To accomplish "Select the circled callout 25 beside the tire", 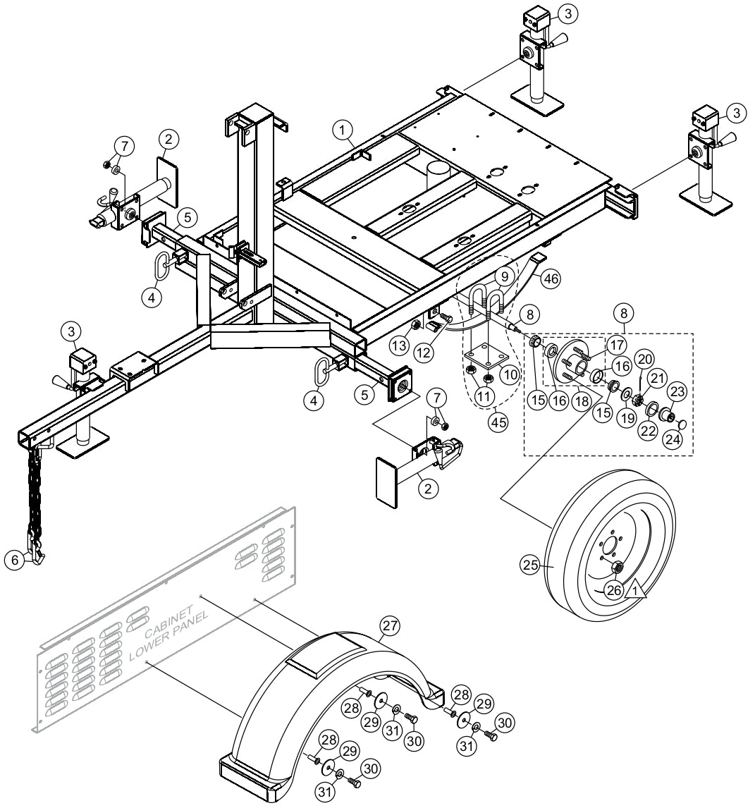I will tap(529, 564).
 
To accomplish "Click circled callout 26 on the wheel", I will tap(614, 591).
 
